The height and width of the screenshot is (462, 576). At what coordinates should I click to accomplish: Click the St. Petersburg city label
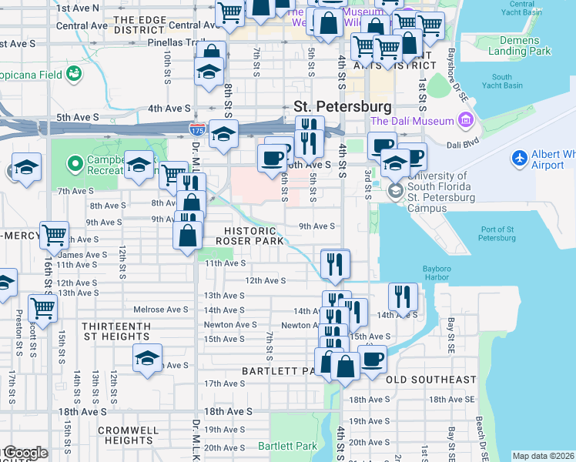point(342,105)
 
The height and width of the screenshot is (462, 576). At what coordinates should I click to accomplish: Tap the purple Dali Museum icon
point(465,121)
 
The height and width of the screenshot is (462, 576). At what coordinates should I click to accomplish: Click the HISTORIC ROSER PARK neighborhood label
point(249,236)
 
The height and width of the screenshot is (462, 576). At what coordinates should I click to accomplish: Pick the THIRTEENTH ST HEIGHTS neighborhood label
point(116,331)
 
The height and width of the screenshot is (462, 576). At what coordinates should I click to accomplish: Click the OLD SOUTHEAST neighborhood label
point(430,380)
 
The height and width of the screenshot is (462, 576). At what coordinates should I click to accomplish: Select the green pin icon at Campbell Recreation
point(75,163)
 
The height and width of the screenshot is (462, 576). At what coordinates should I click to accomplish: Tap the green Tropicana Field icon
point(74,73)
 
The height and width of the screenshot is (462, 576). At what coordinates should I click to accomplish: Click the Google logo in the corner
point(25,453)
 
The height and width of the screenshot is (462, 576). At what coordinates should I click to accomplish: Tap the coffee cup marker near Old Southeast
point(373,358)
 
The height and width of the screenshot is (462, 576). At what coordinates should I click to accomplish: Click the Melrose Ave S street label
point(162,310)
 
